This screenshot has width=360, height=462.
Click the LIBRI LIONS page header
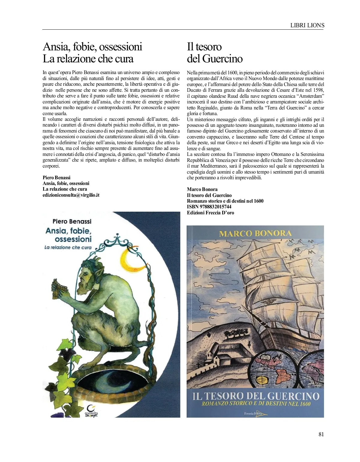(x=307, y=25)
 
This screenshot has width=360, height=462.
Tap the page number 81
(x=321, y=434)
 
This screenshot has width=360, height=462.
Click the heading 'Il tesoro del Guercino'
(x=214, y=52)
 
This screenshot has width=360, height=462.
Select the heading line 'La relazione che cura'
(x=88, y=59)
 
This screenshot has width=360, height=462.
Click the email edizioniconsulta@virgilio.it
(x=71, y=195)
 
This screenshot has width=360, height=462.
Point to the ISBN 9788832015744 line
(x=209, y=207)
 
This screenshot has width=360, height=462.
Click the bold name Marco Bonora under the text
(x=202, y=189)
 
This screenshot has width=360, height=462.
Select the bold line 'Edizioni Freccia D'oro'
(x=210, y=213)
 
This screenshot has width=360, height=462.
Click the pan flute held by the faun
(x=57, y=289)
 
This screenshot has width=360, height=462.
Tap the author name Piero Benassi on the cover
(x=72, y=221)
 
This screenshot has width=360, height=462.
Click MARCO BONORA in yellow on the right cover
(x=255, y=234)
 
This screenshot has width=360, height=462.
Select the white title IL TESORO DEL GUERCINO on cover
(x=256, y=396)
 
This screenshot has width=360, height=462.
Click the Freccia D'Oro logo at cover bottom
(x=255, y=414)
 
